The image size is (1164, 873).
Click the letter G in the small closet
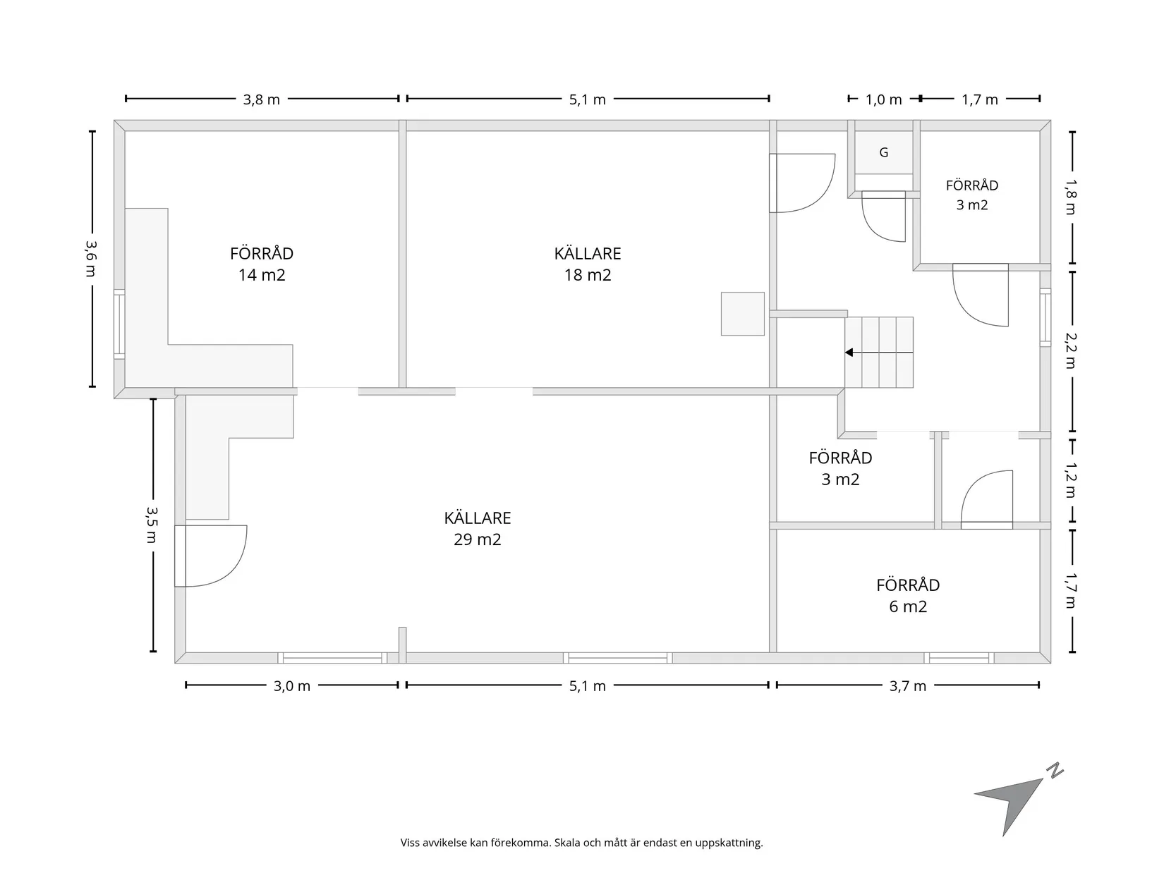click(x=883, y=152)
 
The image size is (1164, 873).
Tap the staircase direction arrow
click(x=879, y=353)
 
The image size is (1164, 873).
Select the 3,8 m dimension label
click(x=262, y=99)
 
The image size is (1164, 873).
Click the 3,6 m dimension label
click(x=91, y=259)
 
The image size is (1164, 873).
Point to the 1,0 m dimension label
click(x=883, y=99)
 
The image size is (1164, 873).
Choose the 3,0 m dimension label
click(x=291, y=686)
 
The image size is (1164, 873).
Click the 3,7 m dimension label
click(x=908, y=686)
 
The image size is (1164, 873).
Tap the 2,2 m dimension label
click(x=1071, y=350)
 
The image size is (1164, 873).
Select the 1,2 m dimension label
click(x=1071, y=480)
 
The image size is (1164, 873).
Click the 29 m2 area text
click(x=478, y=539)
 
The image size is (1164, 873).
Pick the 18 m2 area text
click(x=588, y=275)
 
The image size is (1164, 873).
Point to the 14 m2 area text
click(x=262, y=275)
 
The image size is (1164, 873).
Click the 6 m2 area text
click(x=908, y=606)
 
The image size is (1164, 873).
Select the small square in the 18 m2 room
click(x=742, y=314)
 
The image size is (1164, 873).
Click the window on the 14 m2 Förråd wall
click(x=119, y=324)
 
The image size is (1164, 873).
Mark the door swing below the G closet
click(x=883, y=216)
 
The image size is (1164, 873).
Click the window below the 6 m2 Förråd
click(x=959, y=658)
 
